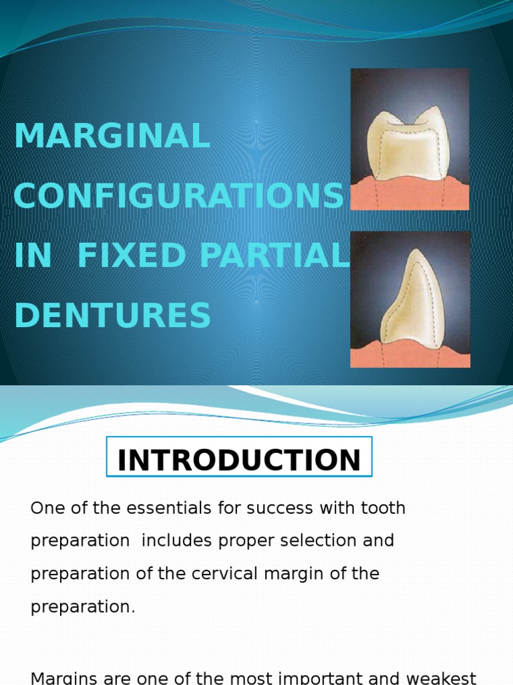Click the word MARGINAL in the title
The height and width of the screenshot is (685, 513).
pos(112,136)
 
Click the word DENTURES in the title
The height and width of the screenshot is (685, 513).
pos(112,316)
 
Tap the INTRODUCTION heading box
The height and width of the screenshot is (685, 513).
pos(239,460)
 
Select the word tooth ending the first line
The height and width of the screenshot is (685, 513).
pos(381,508)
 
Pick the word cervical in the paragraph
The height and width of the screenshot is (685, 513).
pos(226,574)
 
